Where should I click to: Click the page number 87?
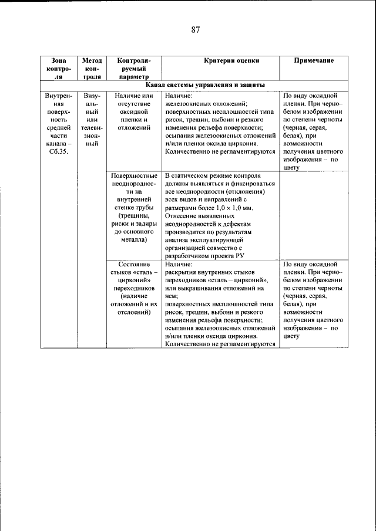196,31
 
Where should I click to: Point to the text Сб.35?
59,153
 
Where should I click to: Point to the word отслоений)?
134,312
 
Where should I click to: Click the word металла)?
134,239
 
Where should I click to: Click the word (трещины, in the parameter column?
134,215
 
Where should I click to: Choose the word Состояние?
134,264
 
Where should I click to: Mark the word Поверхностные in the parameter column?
134,175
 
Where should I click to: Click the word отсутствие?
134,103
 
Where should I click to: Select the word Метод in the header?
92,60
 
